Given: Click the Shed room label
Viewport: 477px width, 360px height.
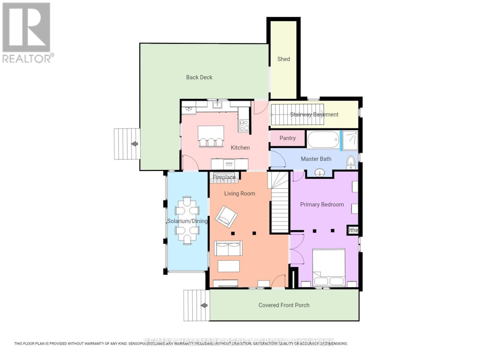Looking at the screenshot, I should (x=283, y=59).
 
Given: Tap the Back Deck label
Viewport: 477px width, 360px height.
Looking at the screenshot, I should (x=199, y=77).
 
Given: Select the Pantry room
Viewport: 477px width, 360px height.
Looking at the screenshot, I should (x=287, y=138).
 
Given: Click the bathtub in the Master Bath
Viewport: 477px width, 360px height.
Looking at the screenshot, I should (x=323, y=140).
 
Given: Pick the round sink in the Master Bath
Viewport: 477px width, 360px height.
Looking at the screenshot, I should (x=320, y=173).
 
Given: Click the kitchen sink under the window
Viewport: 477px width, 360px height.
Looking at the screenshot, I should (x=217, y=105).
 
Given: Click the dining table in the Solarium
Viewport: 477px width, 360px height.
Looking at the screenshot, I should (x=187, y=220).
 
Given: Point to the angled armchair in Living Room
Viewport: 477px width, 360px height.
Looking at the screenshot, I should (x=226, y=216).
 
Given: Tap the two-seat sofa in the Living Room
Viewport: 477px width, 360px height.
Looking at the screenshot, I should (x=228, y=248).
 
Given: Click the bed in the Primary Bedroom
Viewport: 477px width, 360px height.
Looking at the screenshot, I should (x=329, y=267).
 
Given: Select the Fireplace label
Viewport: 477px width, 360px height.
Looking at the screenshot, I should (x=224, y=177).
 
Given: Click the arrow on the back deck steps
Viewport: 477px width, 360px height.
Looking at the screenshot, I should (x=135, y=144).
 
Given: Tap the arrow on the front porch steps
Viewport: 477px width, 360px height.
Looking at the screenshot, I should (x=204, y=305).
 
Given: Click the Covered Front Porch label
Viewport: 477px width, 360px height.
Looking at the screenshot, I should (x=284, y=305).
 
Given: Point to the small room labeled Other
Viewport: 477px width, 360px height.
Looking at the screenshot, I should (x=353, y=230).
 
